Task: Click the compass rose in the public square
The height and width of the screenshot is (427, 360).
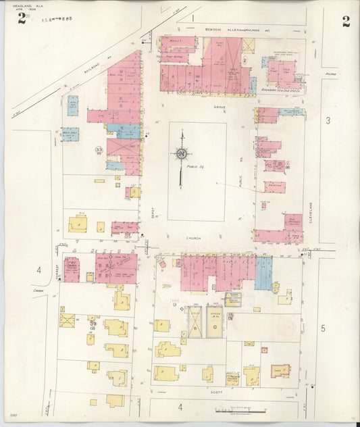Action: click(181, 154)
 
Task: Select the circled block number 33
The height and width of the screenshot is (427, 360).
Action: click(99, 149)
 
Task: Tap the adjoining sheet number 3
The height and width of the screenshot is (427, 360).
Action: click(328, 120)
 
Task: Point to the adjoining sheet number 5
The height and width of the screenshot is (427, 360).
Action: click(323, 328)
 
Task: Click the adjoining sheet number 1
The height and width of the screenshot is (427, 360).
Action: click(192, 17)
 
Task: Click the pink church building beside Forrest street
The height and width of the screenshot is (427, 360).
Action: click(72, 269)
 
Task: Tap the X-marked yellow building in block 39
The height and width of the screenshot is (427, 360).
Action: click(67, 320)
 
